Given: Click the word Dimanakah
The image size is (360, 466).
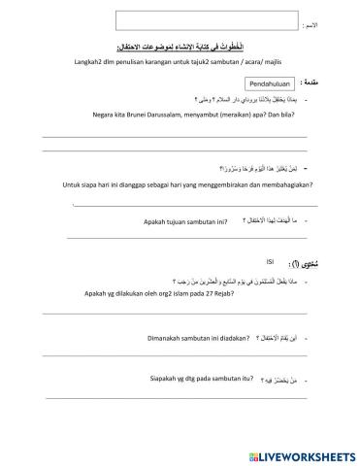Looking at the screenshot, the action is point(145,337).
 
